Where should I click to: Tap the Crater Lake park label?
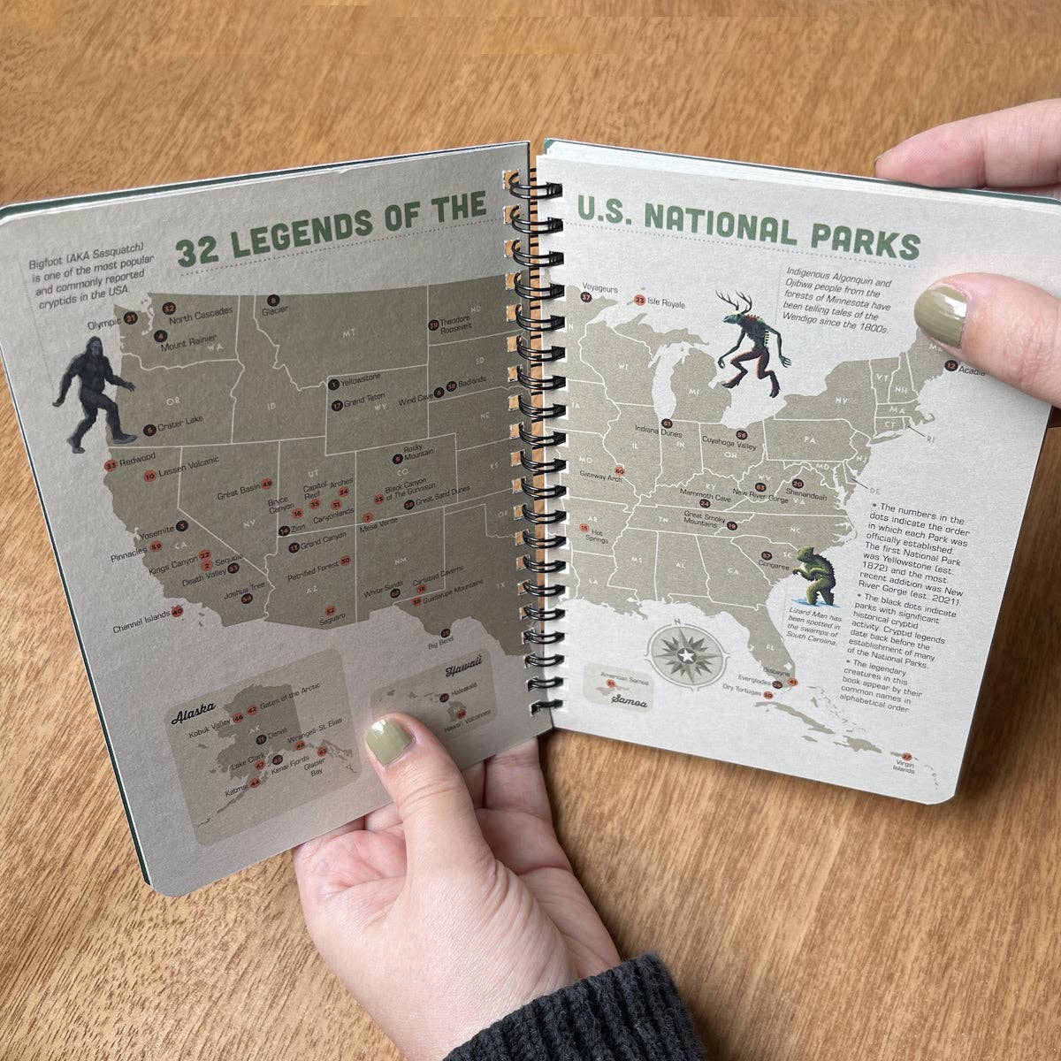coord(180,431)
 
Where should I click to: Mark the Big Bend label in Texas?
coord(440,645)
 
